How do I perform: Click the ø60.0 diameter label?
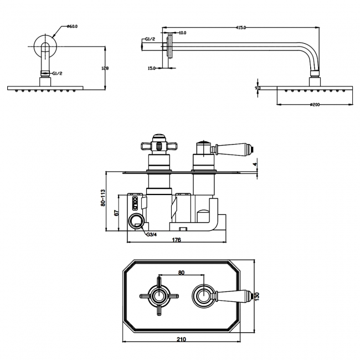[73, 25]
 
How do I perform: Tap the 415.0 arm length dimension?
[240, 27]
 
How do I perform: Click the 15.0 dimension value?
[151, 68]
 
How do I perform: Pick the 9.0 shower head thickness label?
[258, 88]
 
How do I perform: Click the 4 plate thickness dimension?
[255, 163]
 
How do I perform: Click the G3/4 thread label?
[152, 235]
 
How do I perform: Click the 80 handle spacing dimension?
[181, 272]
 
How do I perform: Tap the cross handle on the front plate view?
[159, 295]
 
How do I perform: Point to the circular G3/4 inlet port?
[135, 222]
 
